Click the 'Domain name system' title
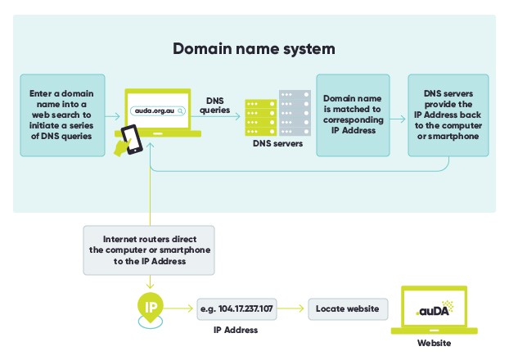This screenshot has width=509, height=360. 254,48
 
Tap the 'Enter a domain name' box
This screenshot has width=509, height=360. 61,115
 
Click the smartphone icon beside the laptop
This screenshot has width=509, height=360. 131,142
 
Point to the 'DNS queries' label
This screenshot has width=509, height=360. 214,104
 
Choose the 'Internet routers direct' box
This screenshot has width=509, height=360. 149,250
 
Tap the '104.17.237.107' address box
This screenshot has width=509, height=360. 236,308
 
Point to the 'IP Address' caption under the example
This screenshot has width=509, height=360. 236,330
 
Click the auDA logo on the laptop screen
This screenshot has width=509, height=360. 433,309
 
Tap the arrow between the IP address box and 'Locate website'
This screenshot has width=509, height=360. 291,308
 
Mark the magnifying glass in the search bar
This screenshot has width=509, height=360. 180,109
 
